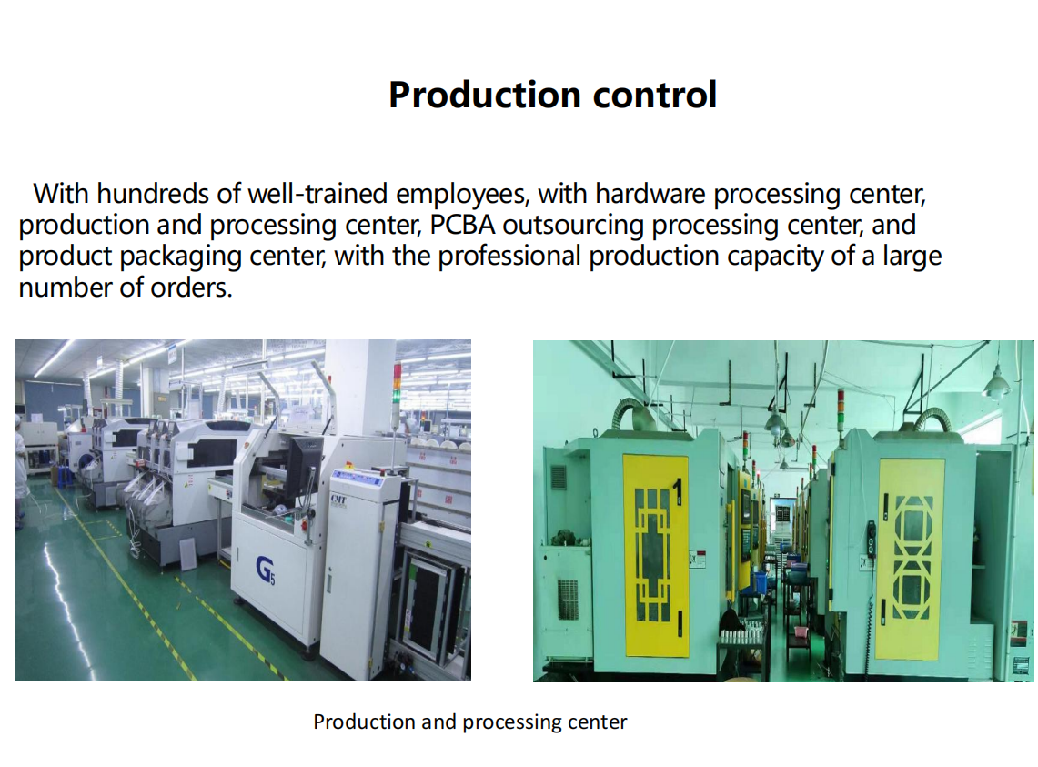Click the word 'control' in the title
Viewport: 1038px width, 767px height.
(655, 95)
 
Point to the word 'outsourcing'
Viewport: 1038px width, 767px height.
(572, 226)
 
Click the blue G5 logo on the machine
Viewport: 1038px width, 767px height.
(266, 570)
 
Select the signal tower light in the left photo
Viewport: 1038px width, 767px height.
(397, 383)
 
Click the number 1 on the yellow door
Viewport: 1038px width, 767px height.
(677, 493)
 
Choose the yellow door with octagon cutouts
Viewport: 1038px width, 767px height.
(911, 560)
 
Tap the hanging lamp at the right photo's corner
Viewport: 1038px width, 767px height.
(996, 383)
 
